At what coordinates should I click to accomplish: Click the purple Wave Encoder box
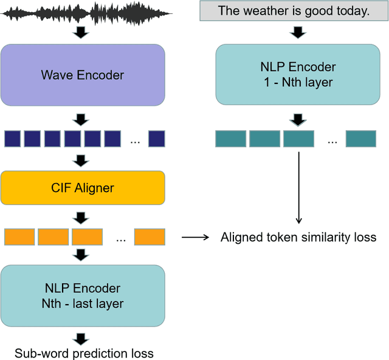point(83,75)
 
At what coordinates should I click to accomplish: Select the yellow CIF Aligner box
point(83,187)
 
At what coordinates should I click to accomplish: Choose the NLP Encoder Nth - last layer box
point(83,295)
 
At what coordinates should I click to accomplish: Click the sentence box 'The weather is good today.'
point(294,11)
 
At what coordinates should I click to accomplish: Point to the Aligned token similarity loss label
point(298,237)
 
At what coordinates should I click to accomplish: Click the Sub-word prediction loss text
point(84,353)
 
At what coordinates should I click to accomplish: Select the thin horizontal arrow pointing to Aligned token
point(195,237)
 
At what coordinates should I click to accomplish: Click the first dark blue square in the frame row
point(13,139)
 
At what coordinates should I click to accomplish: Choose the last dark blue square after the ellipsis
point(157,139)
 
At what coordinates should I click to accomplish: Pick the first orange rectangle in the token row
point(19,237)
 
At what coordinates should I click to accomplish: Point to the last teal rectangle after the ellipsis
point(361,139)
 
